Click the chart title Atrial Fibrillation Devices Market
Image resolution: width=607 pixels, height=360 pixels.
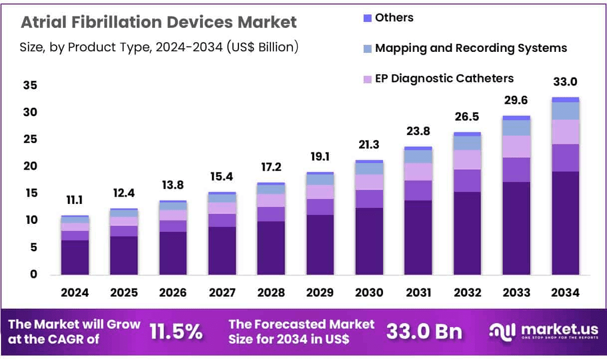coord(159,22)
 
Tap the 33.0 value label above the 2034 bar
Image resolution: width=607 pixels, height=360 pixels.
coord(566,82)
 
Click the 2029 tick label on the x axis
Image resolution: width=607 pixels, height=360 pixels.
coord(320,293)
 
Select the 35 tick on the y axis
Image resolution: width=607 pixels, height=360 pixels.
coord(29,86)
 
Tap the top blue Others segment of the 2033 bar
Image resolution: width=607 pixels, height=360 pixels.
coord(516,118)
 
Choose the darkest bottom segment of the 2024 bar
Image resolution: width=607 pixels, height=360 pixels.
coord(75,257)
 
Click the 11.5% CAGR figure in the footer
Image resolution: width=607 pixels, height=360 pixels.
coord(177,332)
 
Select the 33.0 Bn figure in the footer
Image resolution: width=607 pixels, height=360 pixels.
coord(425,332)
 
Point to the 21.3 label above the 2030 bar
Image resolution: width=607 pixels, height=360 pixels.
coord(369,146)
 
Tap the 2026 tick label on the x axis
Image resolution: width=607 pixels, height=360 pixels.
coord(173,293)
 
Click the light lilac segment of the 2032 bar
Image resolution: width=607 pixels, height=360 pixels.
coord(467,160)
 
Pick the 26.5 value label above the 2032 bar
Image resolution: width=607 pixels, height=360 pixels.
coord(467,118)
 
